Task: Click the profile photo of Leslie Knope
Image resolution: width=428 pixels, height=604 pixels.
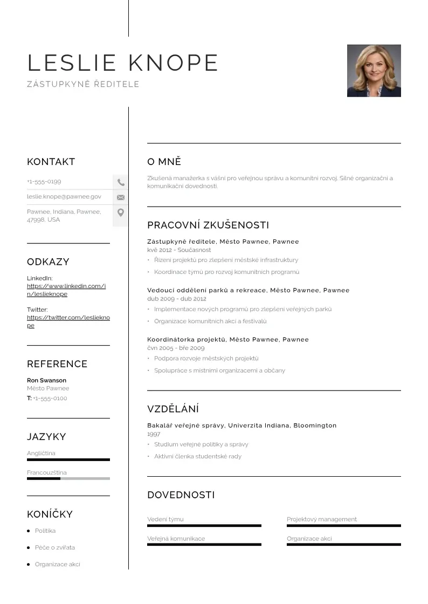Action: (x=374, y=71)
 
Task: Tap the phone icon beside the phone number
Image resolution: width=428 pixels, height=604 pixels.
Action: (x=121, y=183)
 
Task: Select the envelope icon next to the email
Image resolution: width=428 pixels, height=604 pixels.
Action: (x=121, y=197)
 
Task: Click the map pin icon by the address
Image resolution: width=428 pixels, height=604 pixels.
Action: (x=121, y=212)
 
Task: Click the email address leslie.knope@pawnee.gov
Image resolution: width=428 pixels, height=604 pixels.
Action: (x=64, y=197)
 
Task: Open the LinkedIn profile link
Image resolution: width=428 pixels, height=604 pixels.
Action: (x=66, y=290)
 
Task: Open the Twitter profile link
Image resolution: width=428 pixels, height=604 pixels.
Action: (x=68, y=321)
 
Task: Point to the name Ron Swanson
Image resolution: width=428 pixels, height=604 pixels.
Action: (x=46, y=380)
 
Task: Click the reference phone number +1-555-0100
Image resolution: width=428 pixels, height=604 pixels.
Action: (x=50, y=399)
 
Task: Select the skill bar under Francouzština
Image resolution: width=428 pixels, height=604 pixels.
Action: (x=68, y=478)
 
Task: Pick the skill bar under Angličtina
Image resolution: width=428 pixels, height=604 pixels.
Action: (x=68, y=459)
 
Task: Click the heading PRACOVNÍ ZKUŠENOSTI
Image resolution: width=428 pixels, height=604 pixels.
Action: (x=208, y=225)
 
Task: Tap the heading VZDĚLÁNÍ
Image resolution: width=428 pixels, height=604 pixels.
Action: (x=173, y=409)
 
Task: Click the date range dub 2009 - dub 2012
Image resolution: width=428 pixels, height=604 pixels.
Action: (x=177, y=299)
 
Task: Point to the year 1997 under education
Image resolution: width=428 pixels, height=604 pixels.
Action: (x=154, y=434)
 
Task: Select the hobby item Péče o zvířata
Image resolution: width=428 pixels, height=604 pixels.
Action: (x=55, y=547)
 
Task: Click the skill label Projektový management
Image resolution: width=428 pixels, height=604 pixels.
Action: (x=322, y=519)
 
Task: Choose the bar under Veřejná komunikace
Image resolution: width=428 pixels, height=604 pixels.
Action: (x=204, y=545)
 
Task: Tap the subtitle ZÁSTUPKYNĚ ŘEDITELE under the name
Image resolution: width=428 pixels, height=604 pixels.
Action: (x=83, y=84)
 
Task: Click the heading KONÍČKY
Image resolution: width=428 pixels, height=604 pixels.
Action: (x=50, y=514)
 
